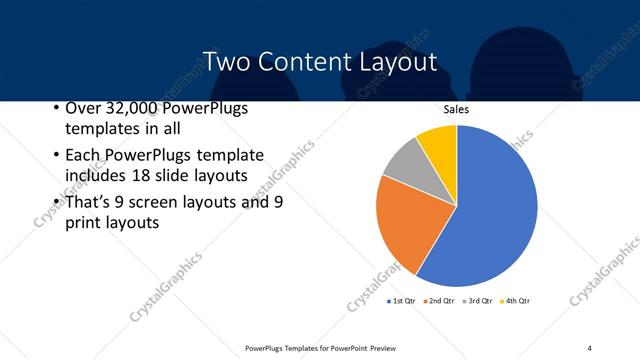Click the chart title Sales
click(x=456, y=109)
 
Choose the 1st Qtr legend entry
click(x=403, y=300)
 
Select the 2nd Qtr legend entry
click(x=441, y=300)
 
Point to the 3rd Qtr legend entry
click(x=479, y=300)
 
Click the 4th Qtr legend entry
click(x=517, y=300)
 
